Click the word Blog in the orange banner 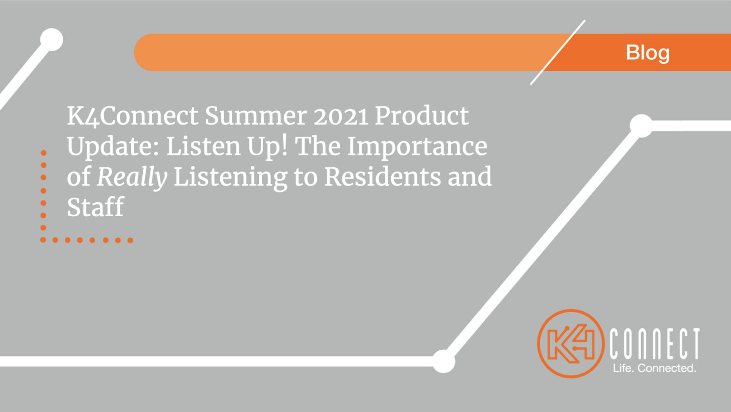point(647,53)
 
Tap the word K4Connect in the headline point(132,116)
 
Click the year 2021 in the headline point(341,116)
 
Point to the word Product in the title point(422,116)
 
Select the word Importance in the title point(417,146)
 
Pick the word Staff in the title point(95,207)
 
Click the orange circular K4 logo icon point(571,344)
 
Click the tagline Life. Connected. point(654,368)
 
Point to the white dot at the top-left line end point(51,39)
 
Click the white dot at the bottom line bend point(444,361)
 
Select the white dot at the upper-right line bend point(641,126)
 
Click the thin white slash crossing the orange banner point(558,52)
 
